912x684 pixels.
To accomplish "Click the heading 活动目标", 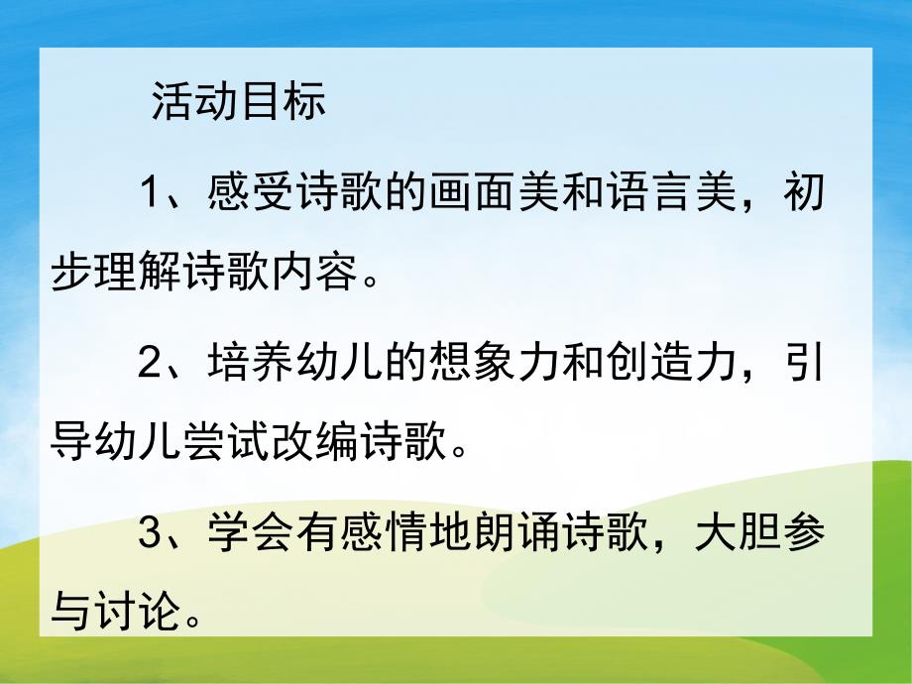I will coord(238,103).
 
